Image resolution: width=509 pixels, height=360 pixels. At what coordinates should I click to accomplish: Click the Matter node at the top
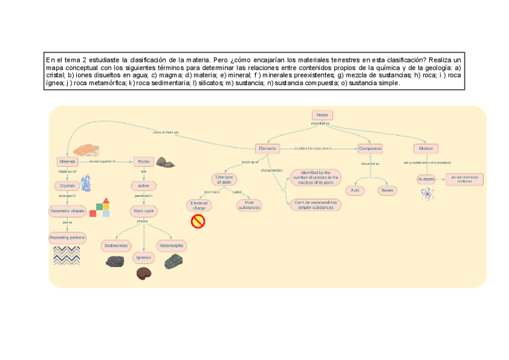(322, 115)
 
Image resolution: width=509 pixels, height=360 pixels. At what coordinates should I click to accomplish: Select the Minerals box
(67, 161)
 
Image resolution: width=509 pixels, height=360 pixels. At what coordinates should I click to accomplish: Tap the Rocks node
(143, 161)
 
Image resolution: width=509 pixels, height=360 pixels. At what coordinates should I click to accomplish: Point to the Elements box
(267, 148)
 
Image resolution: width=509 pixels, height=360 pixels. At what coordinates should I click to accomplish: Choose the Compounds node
(370, 148)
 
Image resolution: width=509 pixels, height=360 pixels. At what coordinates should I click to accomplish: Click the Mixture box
(426, 148)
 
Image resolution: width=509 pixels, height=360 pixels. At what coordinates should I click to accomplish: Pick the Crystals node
(68, 185)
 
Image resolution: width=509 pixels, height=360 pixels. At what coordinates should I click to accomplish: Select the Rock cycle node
(143, 211)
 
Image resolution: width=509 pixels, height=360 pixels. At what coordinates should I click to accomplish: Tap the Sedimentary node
(115, 246)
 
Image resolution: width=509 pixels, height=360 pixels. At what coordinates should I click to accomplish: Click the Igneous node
(143, 257)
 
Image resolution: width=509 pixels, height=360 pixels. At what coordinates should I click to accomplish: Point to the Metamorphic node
(171, 246)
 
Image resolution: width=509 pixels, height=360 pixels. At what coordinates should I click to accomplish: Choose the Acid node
(355, 190)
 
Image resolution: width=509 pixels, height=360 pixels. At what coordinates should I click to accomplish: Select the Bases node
(387, 190)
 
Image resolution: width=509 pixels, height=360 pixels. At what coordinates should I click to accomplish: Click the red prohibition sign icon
(198, 221)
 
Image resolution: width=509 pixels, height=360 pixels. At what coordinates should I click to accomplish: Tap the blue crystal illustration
(86, 183)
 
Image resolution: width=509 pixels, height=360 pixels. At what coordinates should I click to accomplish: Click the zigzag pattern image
(67, 256)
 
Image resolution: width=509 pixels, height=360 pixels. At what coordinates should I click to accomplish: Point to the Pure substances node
(248, 205)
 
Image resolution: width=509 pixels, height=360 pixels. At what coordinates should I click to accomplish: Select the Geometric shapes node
(67, 211)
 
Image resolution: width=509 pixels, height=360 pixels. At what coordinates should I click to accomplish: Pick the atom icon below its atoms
(427, 193)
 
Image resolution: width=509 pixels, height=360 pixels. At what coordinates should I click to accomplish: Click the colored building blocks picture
(100, 207)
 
